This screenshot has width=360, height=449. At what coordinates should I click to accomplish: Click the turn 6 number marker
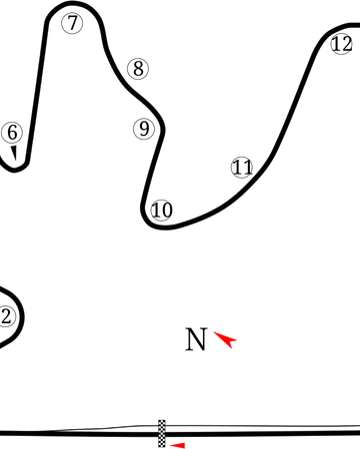pyautogui.click(x=12, y=132)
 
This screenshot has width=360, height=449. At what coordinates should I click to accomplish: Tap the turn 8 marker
pyautogui.click(x=137, y=68)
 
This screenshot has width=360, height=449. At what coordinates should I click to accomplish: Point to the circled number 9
pyautogui.click(x=144, y=128)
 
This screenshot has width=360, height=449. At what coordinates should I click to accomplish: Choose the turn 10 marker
pyautogui.click(x=160, y=210)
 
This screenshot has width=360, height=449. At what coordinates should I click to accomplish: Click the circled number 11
pyautogui.click(x=241, y=167)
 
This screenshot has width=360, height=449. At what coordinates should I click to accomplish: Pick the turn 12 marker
pyautogui.click(x=341, y=44)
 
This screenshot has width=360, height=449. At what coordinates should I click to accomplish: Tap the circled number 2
pyautogui.click(x=7, y=316)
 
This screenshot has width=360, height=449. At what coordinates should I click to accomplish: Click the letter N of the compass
pyautogui.click(x=196, y=340)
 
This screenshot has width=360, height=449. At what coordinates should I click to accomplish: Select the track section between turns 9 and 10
pyautogui.click(x=151, y=170)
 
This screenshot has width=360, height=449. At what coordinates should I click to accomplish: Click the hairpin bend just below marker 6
pyautogui.click(x=14, y=170)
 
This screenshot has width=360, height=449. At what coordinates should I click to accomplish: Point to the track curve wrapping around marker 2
pyautogui.click(x=19, y=317)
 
